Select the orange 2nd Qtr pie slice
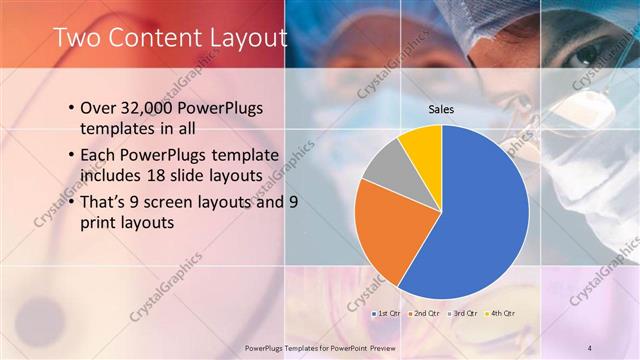[385, 230]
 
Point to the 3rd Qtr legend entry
[460, 314]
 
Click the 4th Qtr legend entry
[498, 314]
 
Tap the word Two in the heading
[75, 38]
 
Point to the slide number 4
[590, 347]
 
